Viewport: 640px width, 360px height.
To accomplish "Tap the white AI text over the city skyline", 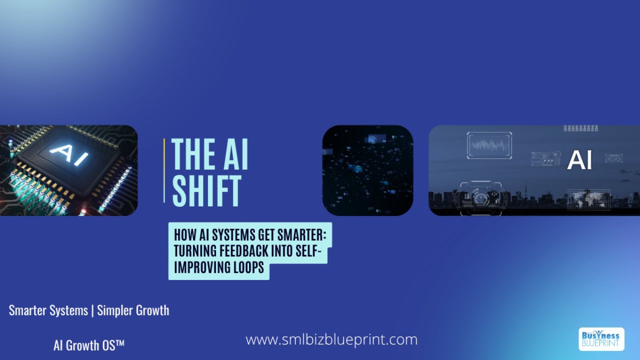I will [x=579, y=160].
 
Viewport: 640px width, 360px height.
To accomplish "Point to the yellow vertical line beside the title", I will [x=164, y=170].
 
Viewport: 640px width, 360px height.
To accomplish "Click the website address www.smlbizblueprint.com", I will [x=331, y=340].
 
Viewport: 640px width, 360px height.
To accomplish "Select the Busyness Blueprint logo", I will [x=601, y=339].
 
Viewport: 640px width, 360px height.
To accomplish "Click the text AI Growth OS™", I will [x=89, y=345].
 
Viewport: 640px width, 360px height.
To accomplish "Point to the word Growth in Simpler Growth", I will [x=150, y=310].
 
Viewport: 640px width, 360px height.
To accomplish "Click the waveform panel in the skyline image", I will [x=489, y=145].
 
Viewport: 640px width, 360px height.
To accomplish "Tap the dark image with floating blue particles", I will [x=367, y=170].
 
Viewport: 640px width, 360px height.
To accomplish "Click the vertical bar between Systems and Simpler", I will [x=93, y=310].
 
